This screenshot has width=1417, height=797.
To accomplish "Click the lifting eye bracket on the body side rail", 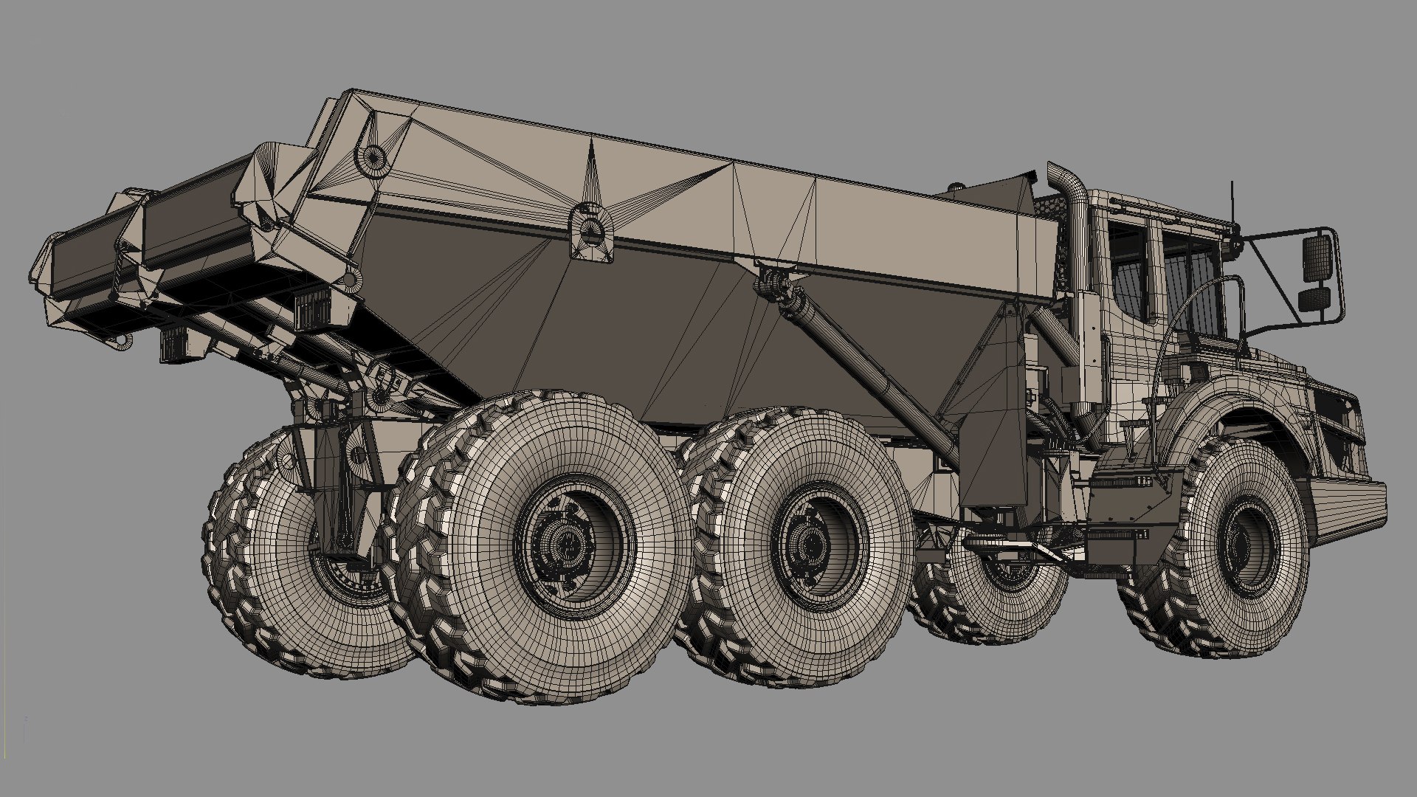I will (x=592, y=230).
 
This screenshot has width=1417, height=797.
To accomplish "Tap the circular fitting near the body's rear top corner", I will (x=374, y=156).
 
